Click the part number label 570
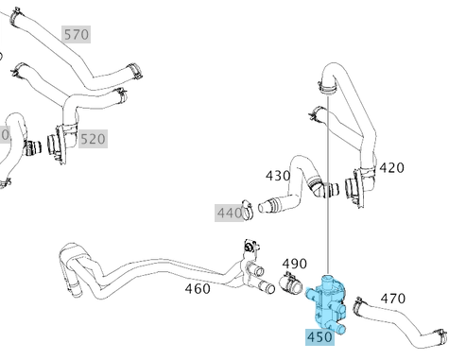[77, 34]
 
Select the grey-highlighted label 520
[93, 139]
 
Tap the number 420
[391, 168]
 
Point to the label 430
[278, 176]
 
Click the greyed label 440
[230, 213]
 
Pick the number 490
[294, 264]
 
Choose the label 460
[198, 288]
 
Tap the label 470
[393, 299]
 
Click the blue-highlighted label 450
[319, 337]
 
